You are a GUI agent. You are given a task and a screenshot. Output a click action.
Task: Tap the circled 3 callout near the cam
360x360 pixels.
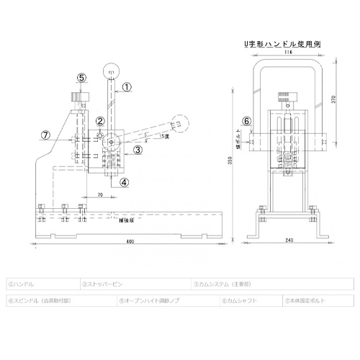(136, 150)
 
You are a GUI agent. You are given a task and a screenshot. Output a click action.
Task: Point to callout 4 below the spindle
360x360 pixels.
(124, 183)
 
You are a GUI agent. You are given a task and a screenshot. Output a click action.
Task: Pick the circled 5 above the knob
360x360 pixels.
(81, 77)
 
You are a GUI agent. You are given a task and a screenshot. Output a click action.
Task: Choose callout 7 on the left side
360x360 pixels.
(45, 135)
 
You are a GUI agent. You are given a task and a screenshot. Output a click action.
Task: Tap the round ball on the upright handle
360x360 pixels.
(111, 71)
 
